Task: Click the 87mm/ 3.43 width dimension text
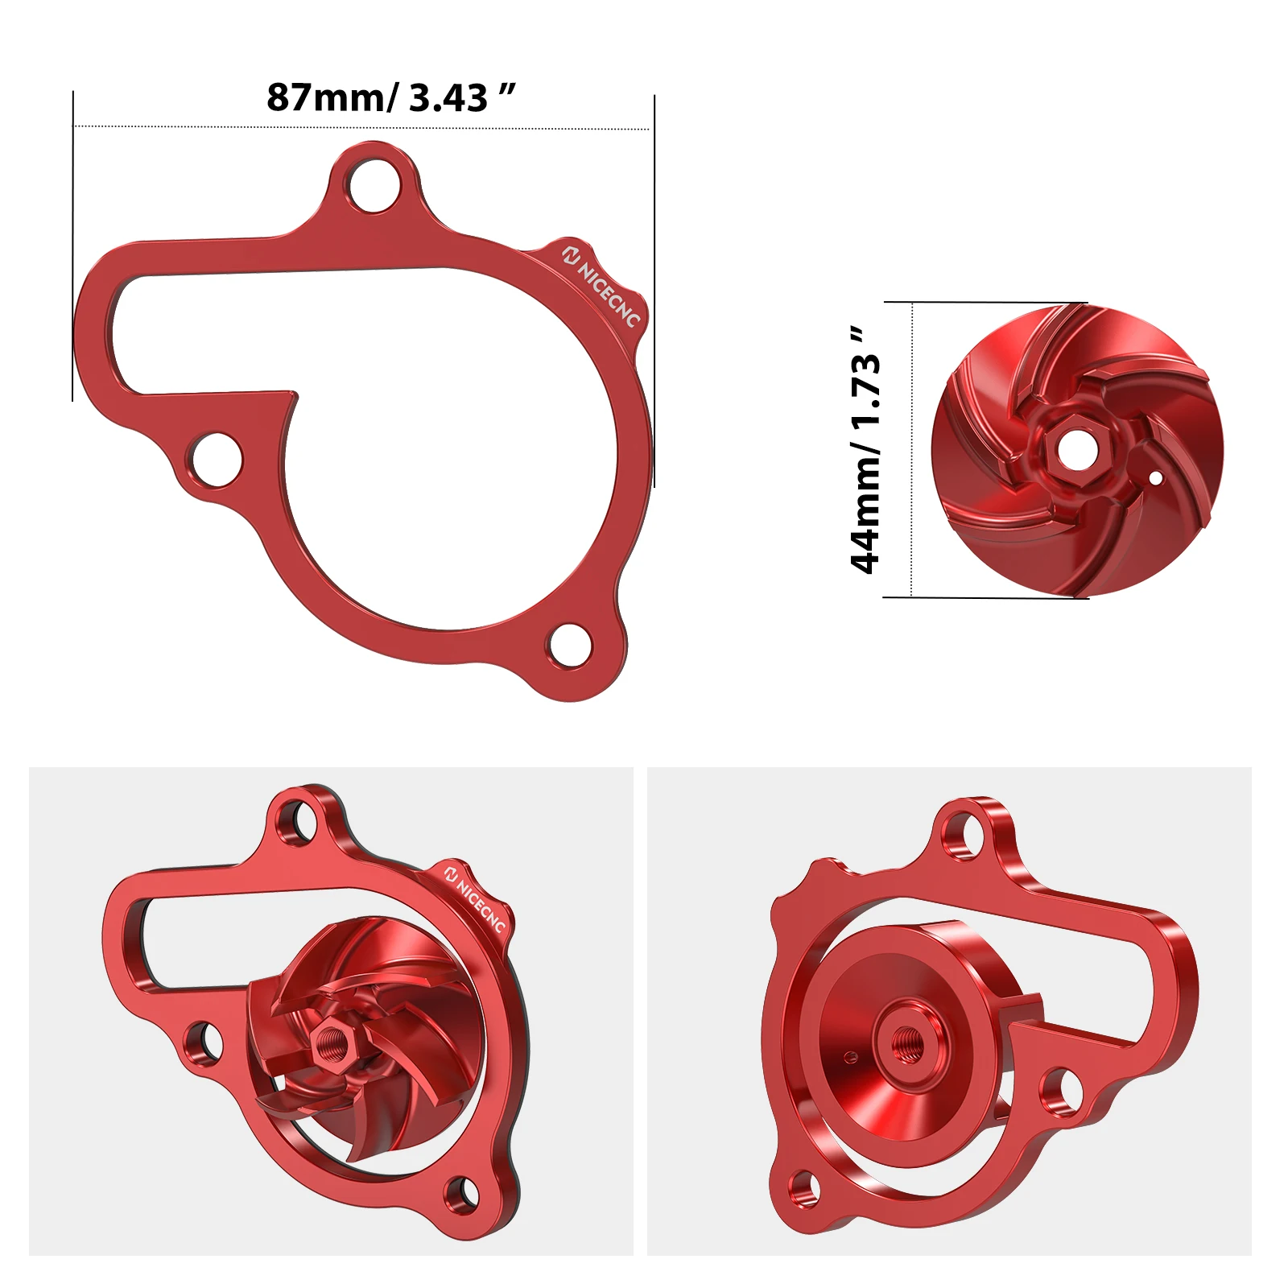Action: (390, 97)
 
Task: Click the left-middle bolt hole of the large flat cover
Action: (217, 460)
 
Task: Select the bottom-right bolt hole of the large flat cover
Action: (571, 644)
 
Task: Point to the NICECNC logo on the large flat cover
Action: (601, 286)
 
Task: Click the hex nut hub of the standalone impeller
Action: (1071, 449)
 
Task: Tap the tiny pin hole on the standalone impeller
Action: (1156, 478)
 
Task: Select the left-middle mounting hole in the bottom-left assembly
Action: (204, 1041)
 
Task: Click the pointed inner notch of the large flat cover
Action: (294, 395)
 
